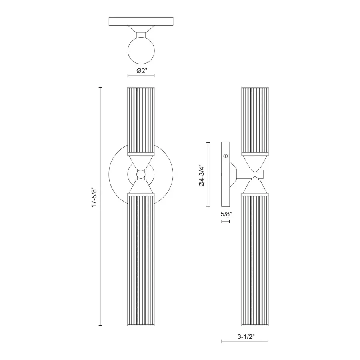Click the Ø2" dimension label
pyautogui.click(x=141, y=71)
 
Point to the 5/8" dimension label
pyautogui.click(x=226, y=214)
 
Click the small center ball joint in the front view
pyautogui.click(x=141, y=174)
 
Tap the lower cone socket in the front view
pyautogui.click(x=141, y=186)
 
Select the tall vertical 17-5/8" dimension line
pyautogui.click(x=100, y=240)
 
